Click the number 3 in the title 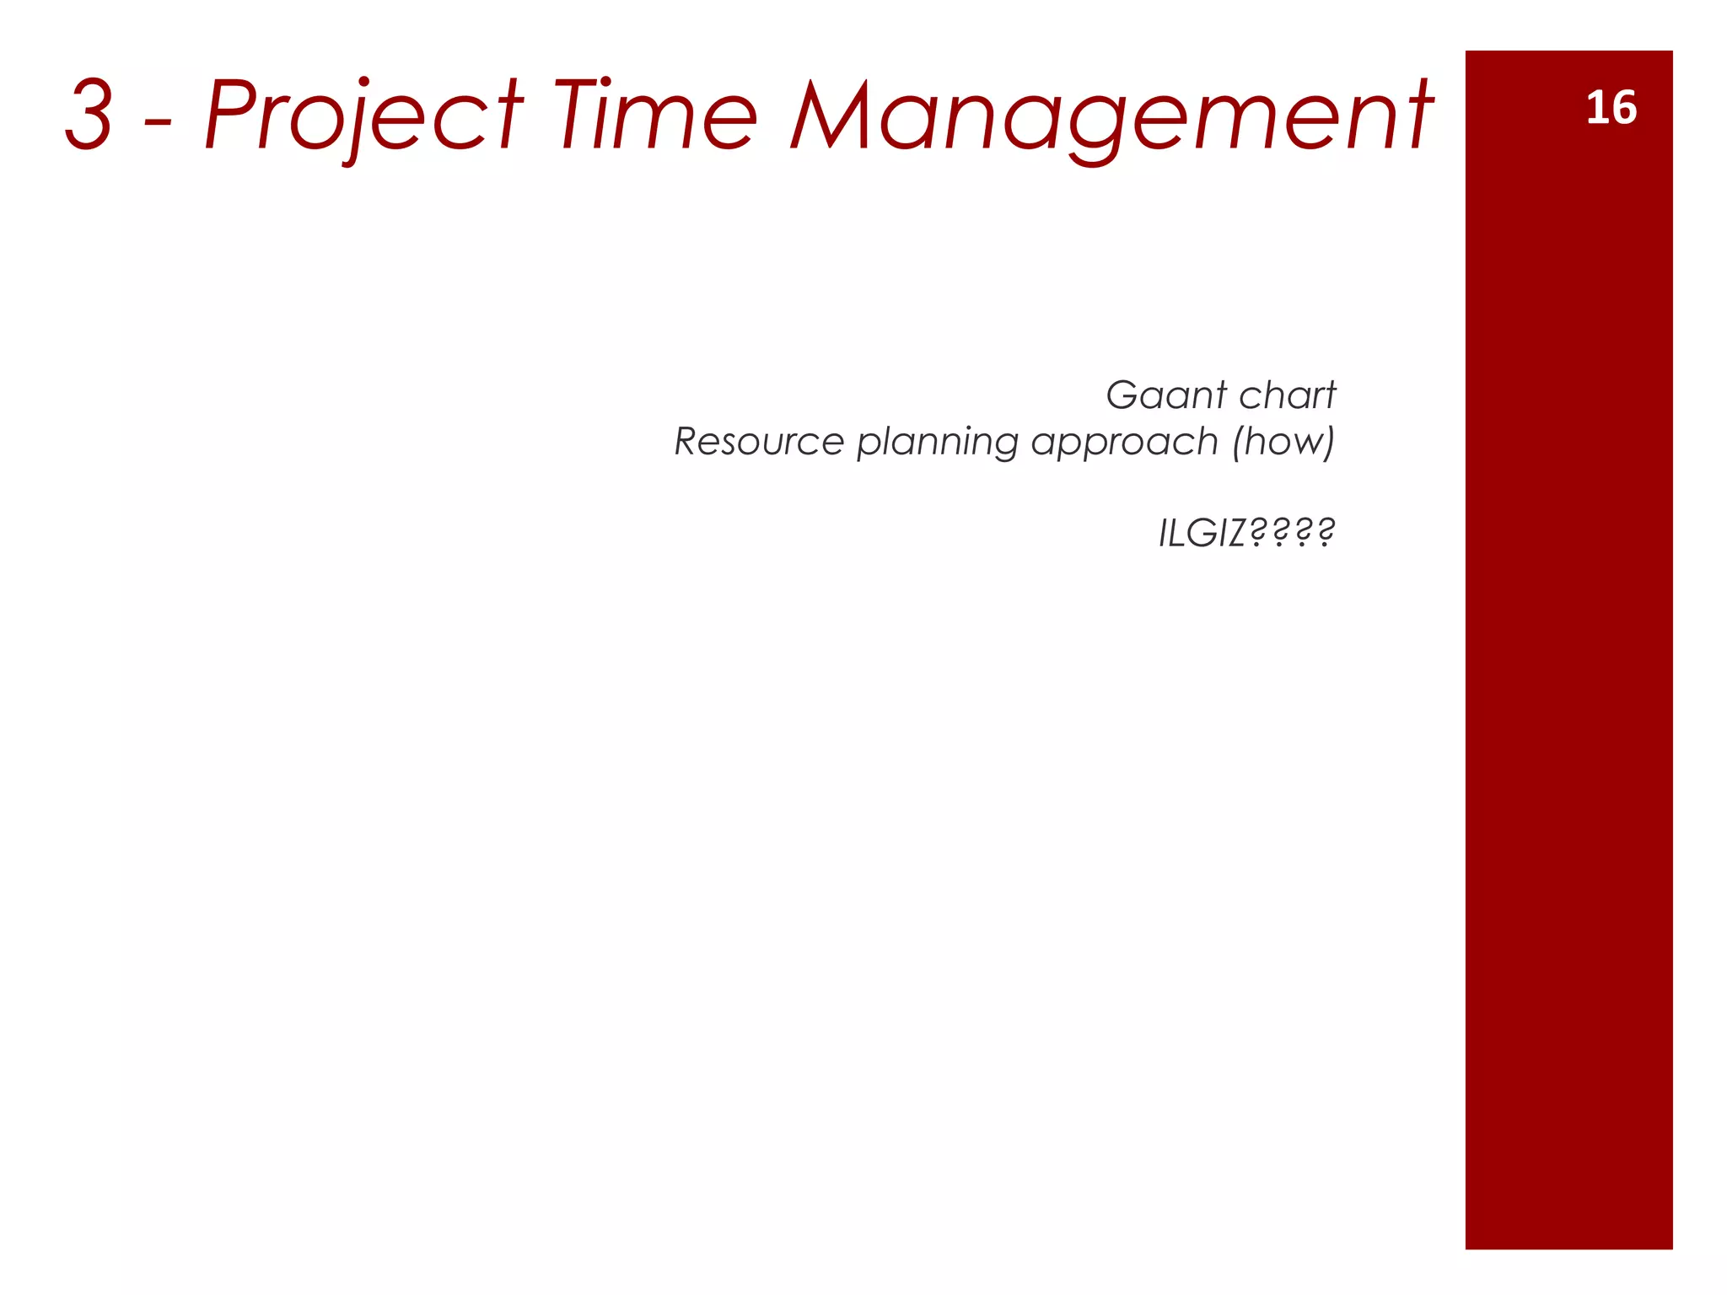coord(89,115)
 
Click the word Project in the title coord(363,116)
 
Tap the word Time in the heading coord(655,115)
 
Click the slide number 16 coord(1611,109)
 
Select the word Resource coord(759,441)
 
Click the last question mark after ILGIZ coord(1325,533)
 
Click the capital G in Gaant coord(1124,395)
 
